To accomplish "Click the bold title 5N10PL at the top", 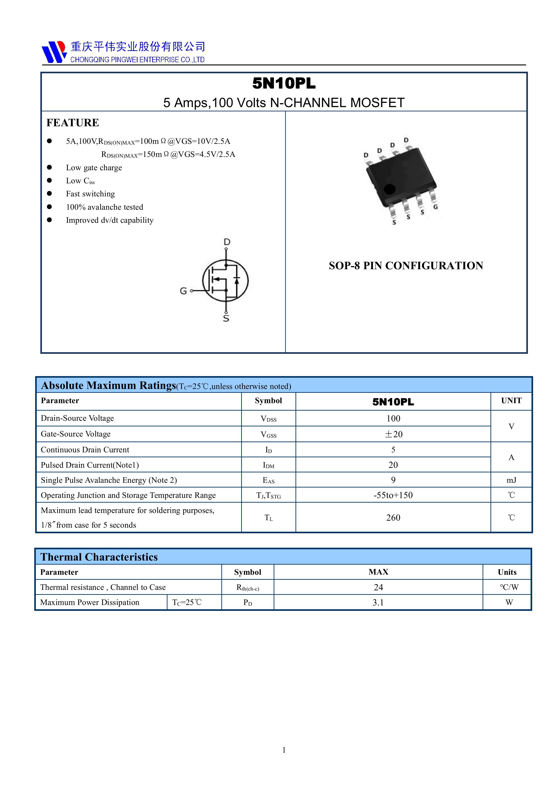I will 284,83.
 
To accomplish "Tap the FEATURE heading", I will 73,123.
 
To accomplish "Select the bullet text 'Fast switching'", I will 90,194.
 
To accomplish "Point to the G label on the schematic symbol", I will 183,291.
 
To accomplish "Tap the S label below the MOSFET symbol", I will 226,318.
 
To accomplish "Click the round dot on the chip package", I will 389,189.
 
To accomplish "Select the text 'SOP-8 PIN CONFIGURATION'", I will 406,266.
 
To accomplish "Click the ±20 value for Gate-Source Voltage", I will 393,434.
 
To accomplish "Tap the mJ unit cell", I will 511,480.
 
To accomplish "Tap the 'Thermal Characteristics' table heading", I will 99,557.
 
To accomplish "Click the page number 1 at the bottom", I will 284,750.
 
